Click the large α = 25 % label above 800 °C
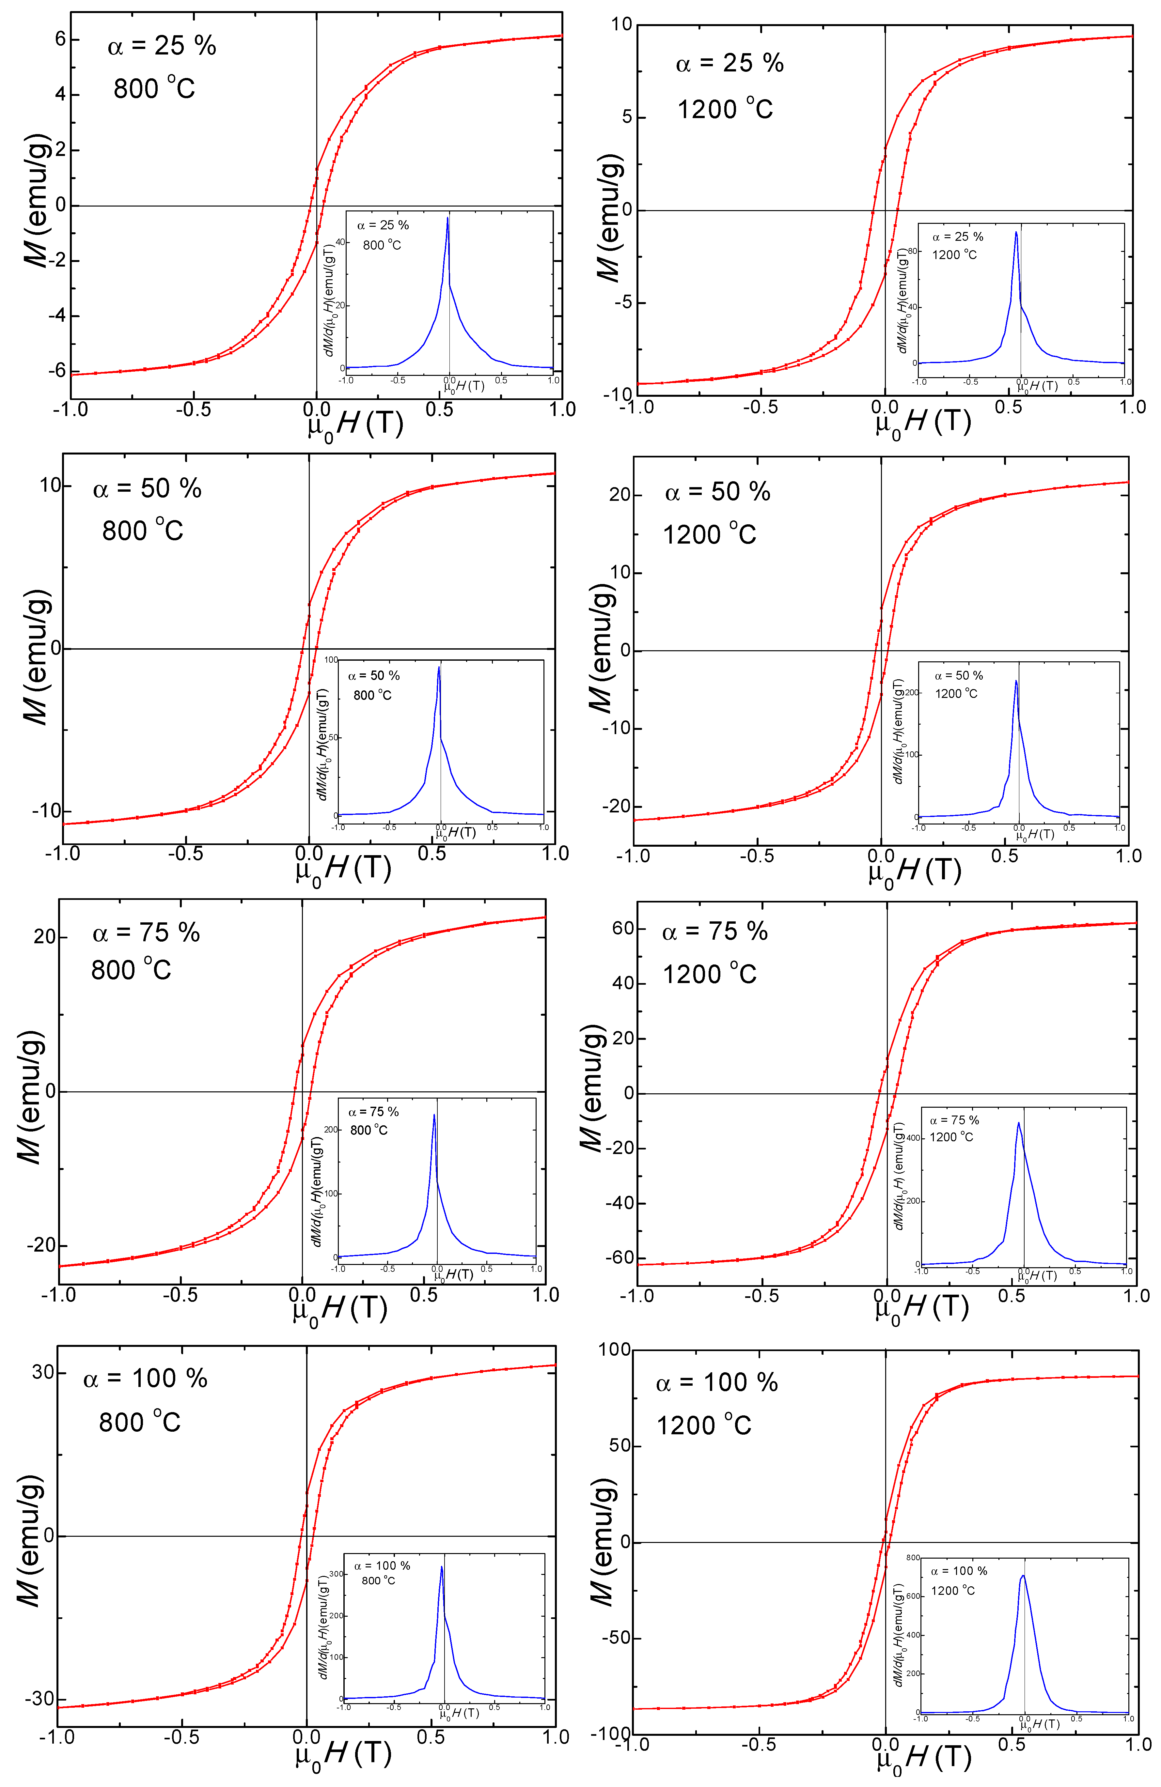pos(162,47)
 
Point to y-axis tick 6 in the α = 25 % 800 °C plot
pos(60,39)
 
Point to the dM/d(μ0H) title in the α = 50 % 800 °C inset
pos(323,743)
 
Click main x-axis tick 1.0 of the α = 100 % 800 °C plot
pos(556,1737)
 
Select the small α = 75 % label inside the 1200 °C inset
pos(954,1120)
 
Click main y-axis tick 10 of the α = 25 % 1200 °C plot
pos(622,25)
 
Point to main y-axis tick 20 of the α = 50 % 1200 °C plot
pos(620,495)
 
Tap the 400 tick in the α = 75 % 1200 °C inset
pos(912,1137)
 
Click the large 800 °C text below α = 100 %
pos(140,1423)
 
